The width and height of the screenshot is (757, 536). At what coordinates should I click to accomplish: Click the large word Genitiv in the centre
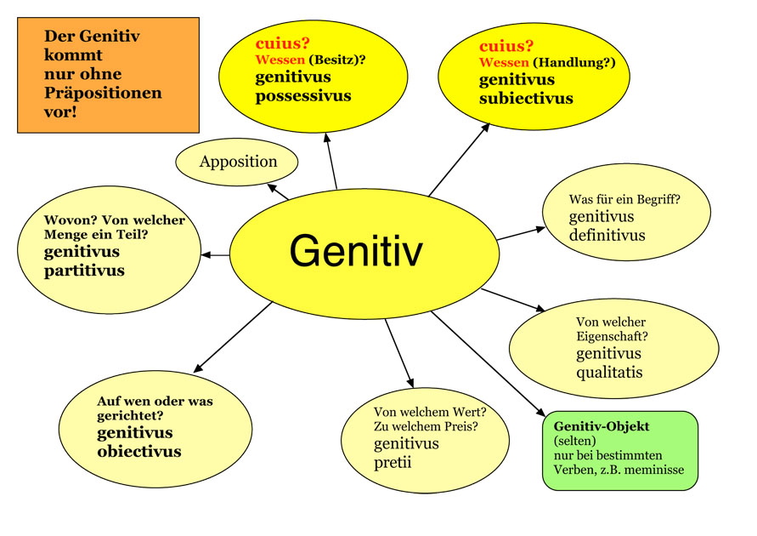point(356,250)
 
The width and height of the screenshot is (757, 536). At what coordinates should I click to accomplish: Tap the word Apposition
point(238,162)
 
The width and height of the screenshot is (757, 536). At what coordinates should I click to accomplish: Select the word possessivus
point(303,95)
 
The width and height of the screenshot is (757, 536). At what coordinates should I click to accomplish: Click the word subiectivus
point(526,98)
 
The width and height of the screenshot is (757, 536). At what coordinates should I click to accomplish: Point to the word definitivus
point(607,235)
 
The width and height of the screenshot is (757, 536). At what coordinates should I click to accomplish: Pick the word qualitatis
point(609,373)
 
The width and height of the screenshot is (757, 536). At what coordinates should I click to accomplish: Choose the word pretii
point(393,463)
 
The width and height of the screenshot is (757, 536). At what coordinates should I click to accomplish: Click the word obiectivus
point(139,452)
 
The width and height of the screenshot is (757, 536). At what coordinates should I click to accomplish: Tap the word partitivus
point(84,271)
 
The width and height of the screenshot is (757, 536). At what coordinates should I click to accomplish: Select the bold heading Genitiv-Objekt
point(602,426)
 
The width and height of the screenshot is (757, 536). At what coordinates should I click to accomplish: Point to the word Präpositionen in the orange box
point(103,93)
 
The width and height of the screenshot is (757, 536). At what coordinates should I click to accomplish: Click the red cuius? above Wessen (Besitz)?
point(282,43)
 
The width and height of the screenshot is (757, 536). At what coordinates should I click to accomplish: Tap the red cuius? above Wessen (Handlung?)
point(506,46)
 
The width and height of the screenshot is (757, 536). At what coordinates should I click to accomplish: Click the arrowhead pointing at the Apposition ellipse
point(272,187)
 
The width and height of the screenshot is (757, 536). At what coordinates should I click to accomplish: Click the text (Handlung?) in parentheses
point(574,62)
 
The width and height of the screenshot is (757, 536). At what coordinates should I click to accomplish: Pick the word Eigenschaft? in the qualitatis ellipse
point(613,336)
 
